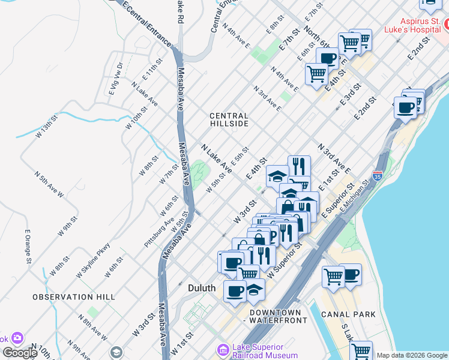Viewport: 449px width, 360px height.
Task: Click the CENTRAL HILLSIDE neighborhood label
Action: pos(229,119)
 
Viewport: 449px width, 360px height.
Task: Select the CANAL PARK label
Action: pos(348,314)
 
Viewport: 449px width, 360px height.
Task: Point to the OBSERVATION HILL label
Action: pos(65,297)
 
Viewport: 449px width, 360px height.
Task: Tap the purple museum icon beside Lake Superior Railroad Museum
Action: pos(223,349)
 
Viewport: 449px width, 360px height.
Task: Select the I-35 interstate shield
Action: pos(377,176)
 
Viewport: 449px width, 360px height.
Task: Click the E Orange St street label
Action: pos(28,247)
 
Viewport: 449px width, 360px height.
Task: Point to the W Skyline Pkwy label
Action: pos(93,260)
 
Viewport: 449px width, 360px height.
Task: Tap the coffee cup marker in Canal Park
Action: pos(351,275)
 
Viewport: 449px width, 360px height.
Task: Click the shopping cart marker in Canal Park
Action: pos(334,277)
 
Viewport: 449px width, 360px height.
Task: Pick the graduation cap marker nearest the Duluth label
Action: pos(255,289)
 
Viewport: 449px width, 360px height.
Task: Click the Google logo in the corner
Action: pos(20,353)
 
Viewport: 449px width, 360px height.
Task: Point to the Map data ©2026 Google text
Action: pos(412,355)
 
